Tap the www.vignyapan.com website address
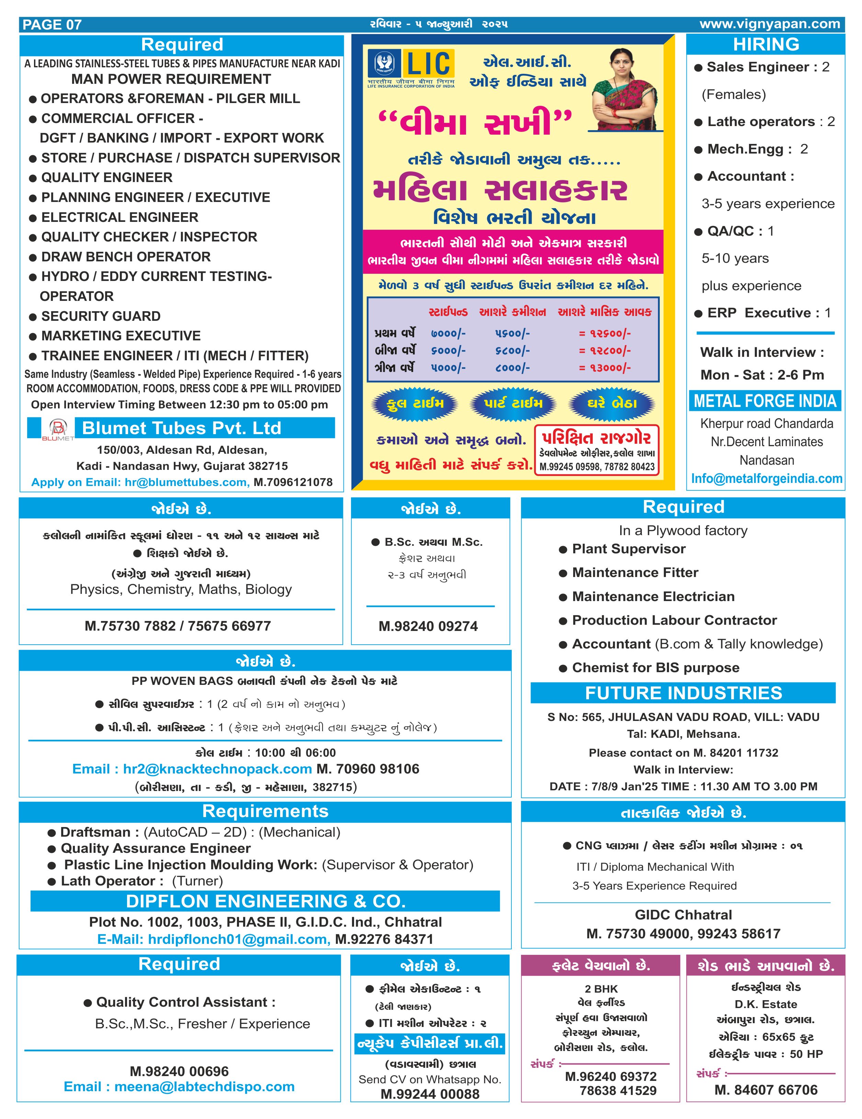769,24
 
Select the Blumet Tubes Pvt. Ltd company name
182,428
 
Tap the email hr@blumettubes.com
187,482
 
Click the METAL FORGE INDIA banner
765,401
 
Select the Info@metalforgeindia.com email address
766,478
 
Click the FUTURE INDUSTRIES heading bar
683,693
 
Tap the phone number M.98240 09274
428,626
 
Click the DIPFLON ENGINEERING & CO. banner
265,901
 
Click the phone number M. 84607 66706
766,1090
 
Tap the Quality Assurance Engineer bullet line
155,848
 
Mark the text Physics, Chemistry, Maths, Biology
181,589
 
